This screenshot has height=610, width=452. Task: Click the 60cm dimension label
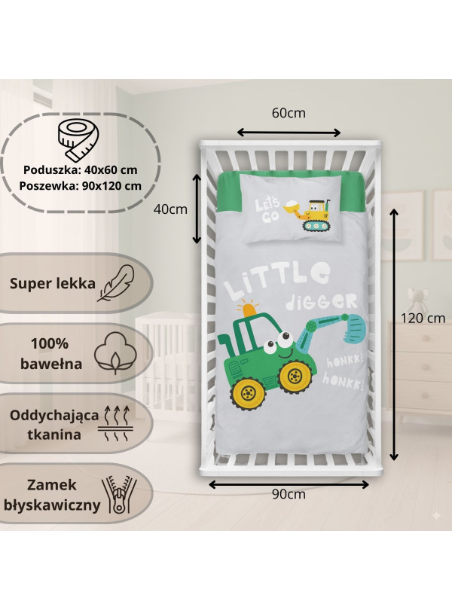point(289,114)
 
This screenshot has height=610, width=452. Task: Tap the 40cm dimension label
point(169,209)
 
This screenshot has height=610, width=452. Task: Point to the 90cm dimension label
point(289,494)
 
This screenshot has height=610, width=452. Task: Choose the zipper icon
point(121,496)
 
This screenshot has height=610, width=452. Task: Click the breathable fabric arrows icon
point(114,425)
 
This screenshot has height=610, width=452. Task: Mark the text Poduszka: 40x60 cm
point(79,169)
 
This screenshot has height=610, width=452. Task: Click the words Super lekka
point(53,284)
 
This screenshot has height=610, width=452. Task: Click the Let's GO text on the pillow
point(267,211)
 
